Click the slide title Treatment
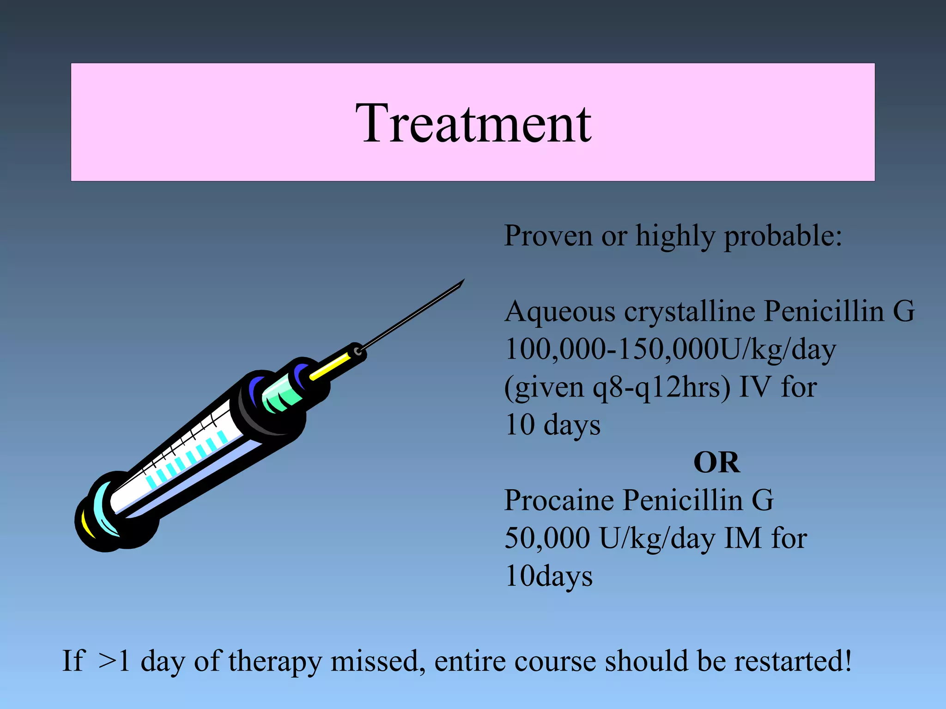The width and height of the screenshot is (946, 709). click(473, 124)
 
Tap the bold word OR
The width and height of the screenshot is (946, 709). click(716, 463)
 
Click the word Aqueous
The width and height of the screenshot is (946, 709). click(560, 312)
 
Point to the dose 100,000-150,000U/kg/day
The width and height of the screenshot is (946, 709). click(670, 349)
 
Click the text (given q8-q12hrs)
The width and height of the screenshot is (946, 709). click(617, 387)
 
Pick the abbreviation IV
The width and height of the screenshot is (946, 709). click(755, 387)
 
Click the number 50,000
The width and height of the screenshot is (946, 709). click(547, 538)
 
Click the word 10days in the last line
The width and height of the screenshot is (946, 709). click(549, 577)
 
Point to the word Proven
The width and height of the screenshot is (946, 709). click(548, 236)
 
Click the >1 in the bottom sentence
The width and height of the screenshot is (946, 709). click(114, 661)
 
